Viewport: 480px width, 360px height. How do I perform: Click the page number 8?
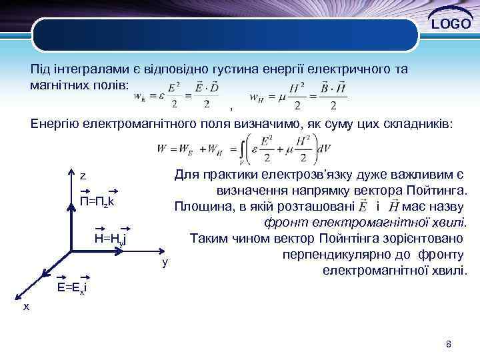tap(449, 344)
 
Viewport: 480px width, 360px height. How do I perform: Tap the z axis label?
tap(83, 176)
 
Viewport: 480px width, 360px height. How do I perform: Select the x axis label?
tap(26, 306)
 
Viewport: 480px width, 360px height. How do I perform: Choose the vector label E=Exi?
tap(73, 287)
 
